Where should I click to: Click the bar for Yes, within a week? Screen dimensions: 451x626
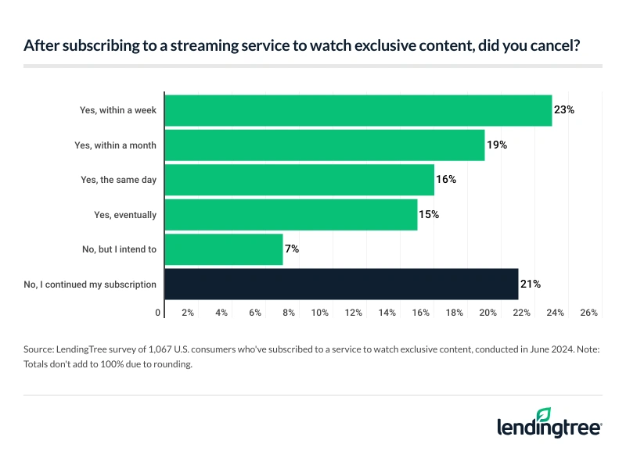tap(358, 110)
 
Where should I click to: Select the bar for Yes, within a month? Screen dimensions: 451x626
tap(325, 145)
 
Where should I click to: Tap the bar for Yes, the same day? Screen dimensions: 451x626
tap(300, 180)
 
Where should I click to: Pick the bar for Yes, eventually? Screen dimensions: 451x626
tap(291, 214)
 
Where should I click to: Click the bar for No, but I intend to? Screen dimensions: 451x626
tap(224, 249)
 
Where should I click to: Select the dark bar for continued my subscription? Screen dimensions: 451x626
tap(341, 284)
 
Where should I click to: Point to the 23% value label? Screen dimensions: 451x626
tap(564, 110)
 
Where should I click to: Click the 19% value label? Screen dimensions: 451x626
tap(497, 145)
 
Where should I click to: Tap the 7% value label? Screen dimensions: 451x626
tap(292, 249)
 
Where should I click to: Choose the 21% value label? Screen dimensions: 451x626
tap(531, 284)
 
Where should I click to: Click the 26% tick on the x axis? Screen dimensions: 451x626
tap(589, 313)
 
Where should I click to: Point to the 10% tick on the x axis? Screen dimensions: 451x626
tap(321, 313)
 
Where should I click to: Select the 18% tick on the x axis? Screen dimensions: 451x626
tap(455, 313)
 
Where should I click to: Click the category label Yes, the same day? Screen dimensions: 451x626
tap(119, 180)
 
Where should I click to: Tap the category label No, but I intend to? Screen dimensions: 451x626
tap(118, 249)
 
